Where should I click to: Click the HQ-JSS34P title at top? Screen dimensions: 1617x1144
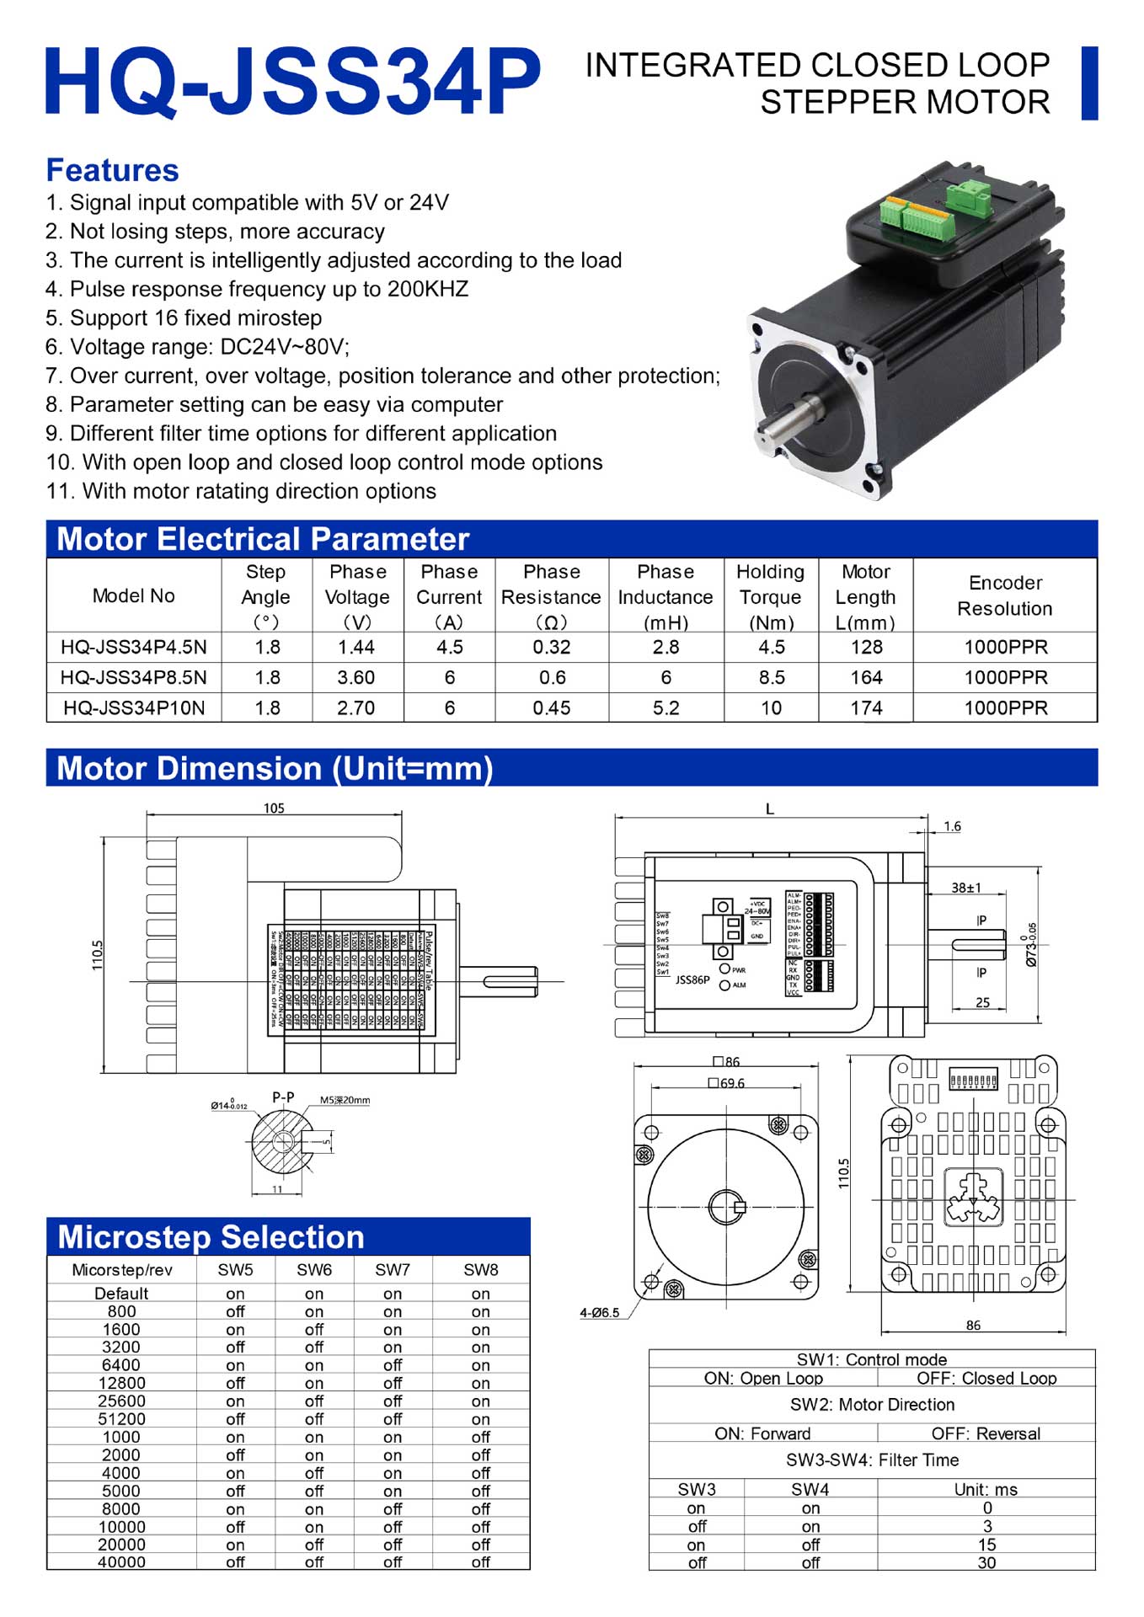(x=292, y=82)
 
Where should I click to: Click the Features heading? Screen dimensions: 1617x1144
(x=112, y=170)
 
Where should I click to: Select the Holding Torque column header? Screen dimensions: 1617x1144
(x=771, y=596)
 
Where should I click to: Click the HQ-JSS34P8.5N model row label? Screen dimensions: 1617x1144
(x=133, y=678)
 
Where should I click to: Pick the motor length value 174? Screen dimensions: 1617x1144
(x=866, y=708)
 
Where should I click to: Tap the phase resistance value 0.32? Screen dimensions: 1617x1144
(x=551, y=648)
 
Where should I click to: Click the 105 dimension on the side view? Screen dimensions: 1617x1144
(x=274, y=808)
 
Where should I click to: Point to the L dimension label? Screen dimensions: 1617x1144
(x=769, y=809)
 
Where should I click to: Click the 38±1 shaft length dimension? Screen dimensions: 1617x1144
(x=965, y=888)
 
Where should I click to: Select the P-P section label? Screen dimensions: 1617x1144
(x=283, y=1097)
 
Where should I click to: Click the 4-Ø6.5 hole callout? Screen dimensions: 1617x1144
(x=599, y=1312)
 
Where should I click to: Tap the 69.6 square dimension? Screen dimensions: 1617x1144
(x=727, y=1083)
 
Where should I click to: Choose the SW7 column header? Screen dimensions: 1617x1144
(x=393, y=1269)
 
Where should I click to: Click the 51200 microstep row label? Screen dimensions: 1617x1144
(x=121, y=1419)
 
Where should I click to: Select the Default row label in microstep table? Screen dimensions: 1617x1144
(x=121, y=1294)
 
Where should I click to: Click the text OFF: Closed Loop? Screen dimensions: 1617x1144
(x=986, y=1379)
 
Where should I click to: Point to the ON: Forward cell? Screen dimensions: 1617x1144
(x=762, y=1433)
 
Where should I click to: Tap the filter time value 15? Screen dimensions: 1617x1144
(x=986, y=1545)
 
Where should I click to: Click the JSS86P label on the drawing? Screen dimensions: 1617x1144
(x=692, y=980)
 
